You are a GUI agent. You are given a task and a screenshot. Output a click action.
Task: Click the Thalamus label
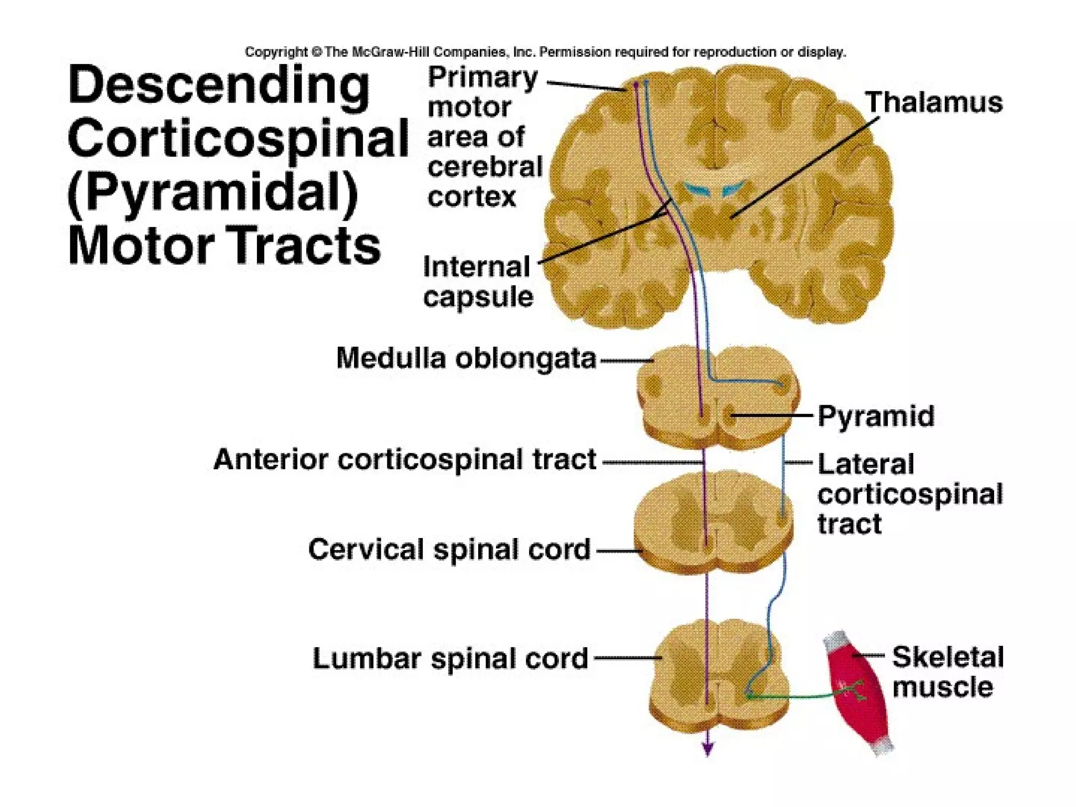point(934,102)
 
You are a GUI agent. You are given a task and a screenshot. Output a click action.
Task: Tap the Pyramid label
point(876,416)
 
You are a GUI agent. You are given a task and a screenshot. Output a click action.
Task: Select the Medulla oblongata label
point(466,359)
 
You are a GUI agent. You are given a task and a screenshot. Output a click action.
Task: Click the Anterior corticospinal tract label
point(405,460)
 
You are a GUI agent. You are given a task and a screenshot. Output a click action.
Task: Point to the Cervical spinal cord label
point(449,550)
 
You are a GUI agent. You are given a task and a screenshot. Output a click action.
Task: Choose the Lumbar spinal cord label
point(450,658)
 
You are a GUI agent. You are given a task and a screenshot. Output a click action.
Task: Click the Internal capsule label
point(478,282)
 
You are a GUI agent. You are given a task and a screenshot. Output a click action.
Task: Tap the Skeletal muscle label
point(947,671)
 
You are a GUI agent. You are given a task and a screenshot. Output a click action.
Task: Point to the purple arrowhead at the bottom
point(708,749)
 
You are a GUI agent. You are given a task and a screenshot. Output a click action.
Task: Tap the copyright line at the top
point(545,52)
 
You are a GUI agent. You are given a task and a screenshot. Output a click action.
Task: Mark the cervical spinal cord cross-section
point(713,523)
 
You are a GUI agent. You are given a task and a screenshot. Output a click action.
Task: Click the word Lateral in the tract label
point(866,464)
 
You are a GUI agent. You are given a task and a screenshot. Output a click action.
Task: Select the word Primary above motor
point(483,78)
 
